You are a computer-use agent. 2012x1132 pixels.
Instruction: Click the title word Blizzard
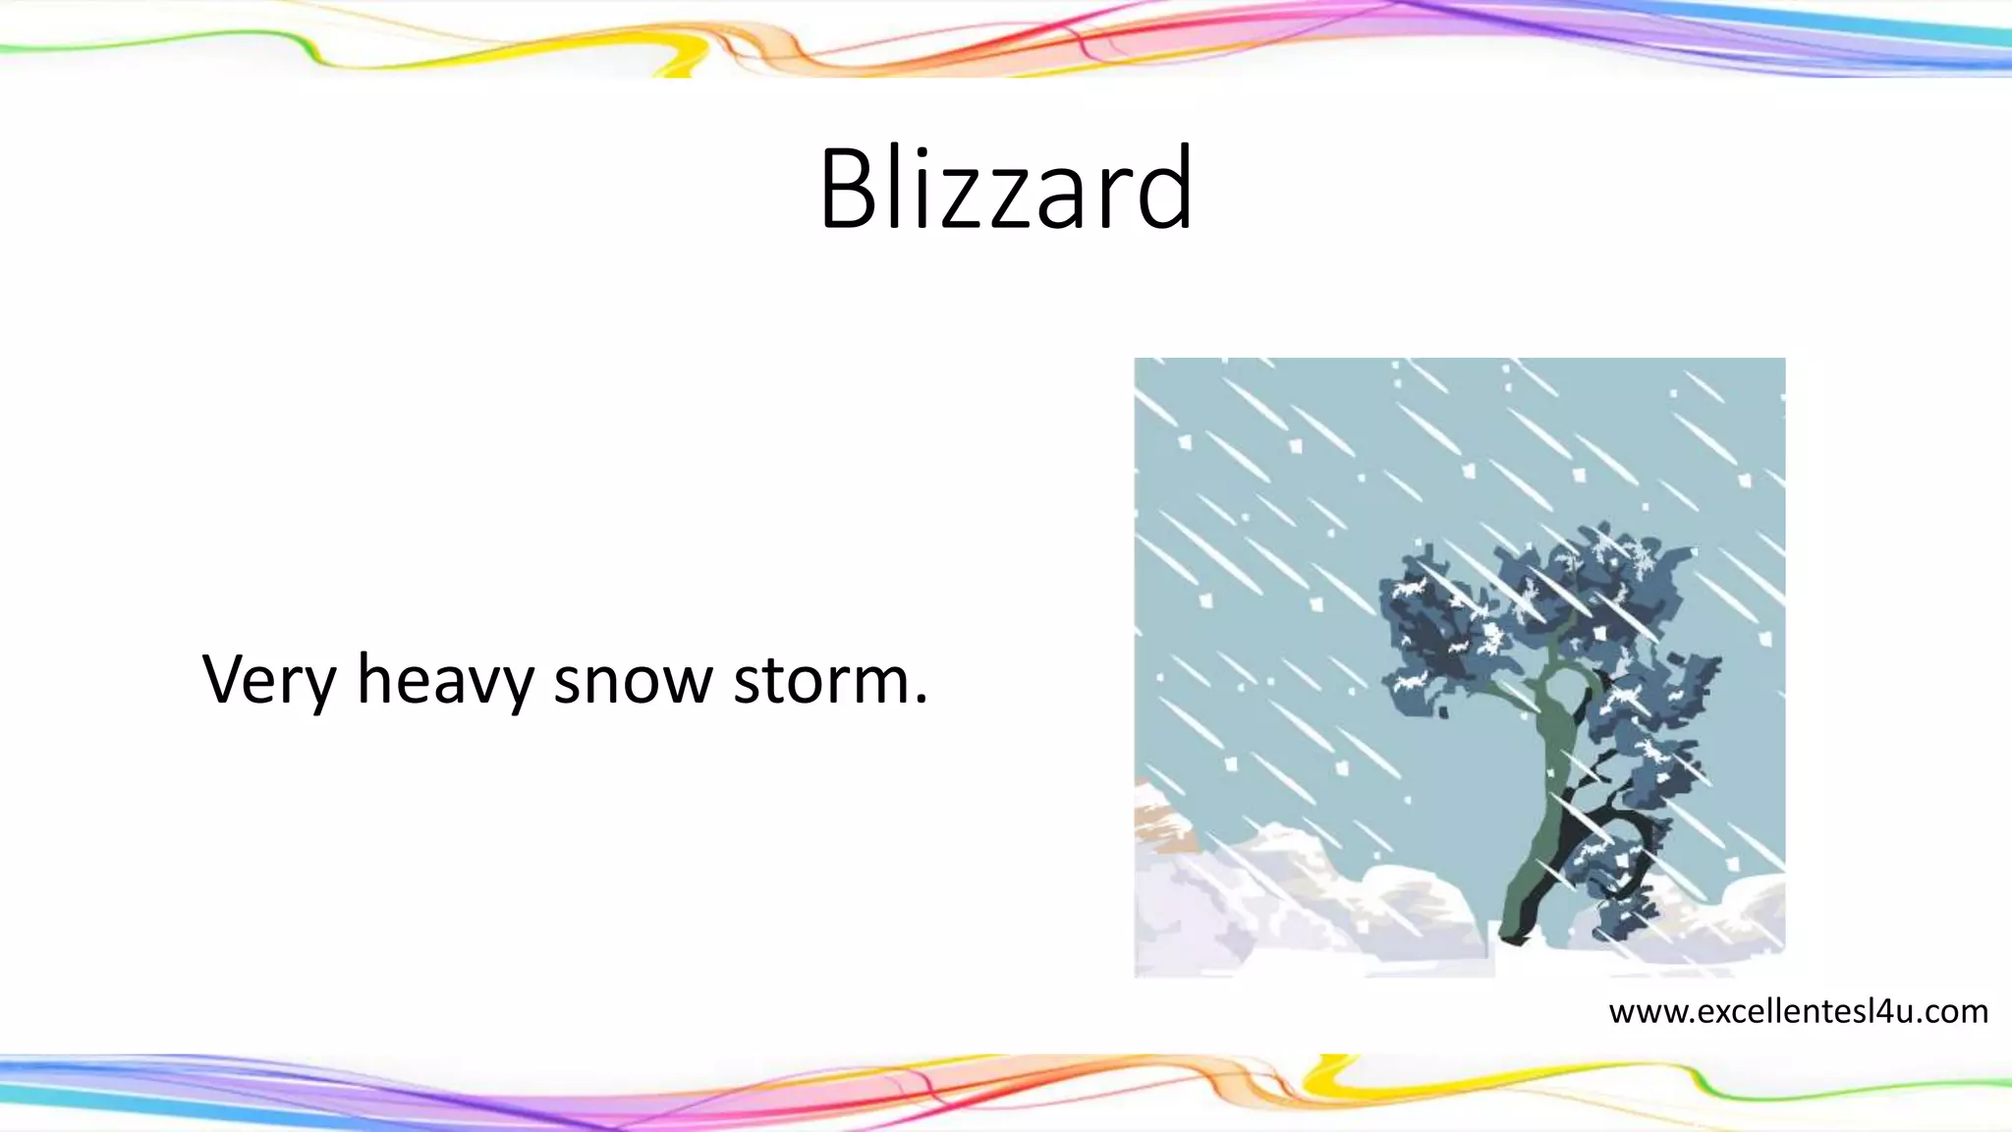click(x=1006, y=189)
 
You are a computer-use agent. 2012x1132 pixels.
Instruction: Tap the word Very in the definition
click(x=268, y=680)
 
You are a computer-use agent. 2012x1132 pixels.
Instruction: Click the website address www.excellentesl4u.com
click(x=1798, y=1011)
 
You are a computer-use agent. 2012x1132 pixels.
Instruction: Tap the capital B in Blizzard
click(x=851, y=189)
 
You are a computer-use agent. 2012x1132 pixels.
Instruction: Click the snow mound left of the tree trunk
click(x=1415, y=904)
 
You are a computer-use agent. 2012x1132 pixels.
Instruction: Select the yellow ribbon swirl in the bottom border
click(x=1326, y=1076)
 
